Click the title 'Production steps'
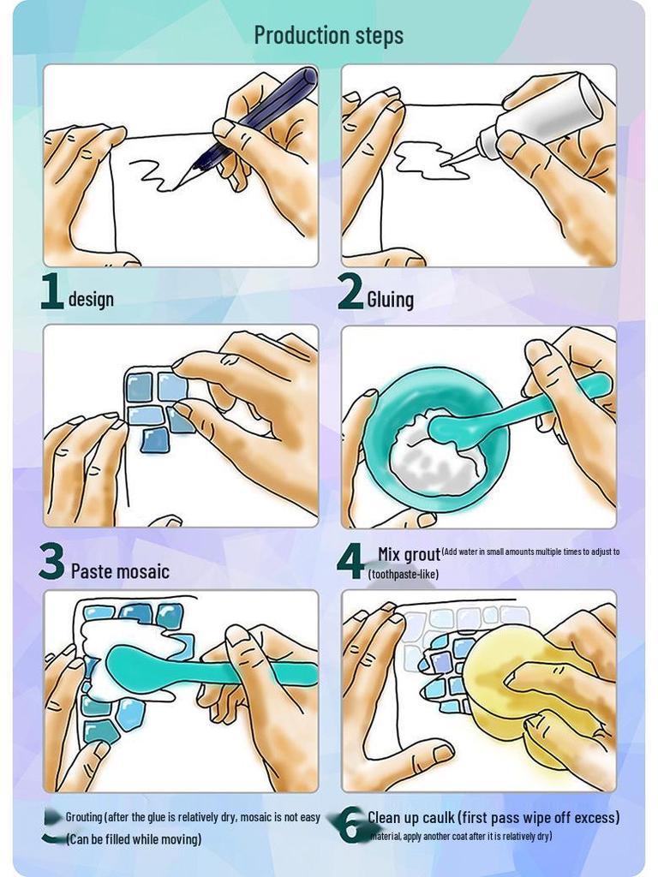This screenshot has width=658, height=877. (328, 35)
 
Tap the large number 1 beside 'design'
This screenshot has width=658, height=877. (52, 292)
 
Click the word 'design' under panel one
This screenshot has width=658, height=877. (91, 299)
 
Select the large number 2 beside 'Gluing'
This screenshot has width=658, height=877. (350, 292)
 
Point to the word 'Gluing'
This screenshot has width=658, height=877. (390, 299)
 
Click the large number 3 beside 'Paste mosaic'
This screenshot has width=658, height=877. (51, 563)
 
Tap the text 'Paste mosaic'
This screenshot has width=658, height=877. (120, 571)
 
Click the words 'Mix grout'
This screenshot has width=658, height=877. (409, 554)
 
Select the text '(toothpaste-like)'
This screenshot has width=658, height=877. (403, 574)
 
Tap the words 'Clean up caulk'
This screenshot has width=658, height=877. (411, 817)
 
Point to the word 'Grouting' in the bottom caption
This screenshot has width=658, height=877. (83, 817)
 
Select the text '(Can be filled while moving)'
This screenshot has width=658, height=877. (134, 838)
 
